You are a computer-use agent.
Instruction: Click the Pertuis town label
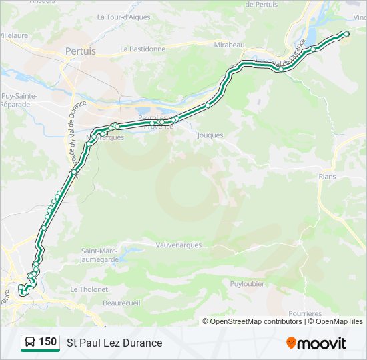[x=81, y=51]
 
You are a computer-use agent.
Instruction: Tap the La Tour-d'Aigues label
[x=123, y=17]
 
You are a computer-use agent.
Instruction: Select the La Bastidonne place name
[x=143, y=49]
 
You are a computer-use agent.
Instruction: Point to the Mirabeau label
[x=230, y=45]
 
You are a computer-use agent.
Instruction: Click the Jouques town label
[x=210, y=135]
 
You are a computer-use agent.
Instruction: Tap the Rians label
[x=327, y=177]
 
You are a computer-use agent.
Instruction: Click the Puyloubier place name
[x=247, y=283]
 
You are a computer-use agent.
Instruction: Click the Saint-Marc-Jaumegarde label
[x=100, y=255]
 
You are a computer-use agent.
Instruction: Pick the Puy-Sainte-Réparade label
[x=19, y=101]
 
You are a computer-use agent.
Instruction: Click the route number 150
[x=47, y=342]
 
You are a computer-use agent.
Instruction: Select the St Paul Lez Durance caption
[x=114, y=343]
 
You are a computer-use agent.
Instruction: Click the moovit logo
[x=316, y=343]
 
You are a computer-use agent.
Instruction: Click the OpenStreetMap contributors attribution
[x=256, y=321]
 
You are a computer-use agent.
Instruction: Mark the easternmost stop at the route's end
[x=346, y=33]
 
